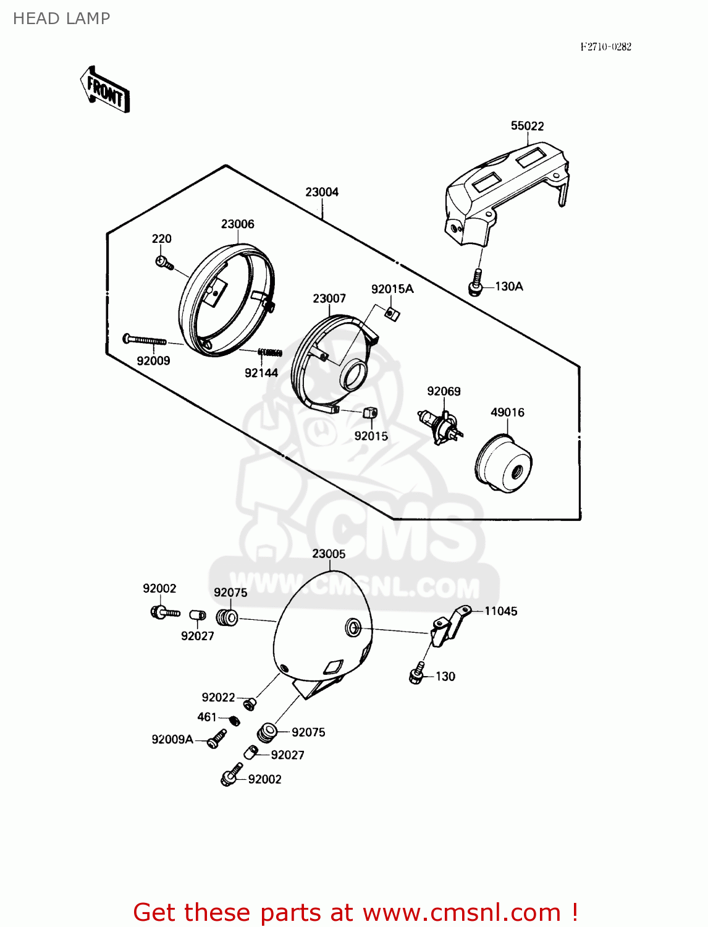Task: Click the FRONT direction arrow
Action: (105, 90)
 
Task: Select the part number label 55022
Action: (527, 126)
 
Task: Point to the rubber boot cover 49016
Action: (504, 463)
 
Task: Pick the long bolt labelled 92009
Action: (145, 339)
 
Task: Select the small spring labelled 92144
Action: (270, 353)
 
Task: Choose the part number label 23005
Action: (329, 554)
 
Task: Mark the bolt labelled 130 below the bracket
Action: (418, 674)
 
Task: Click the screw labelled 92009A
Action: (216, 739)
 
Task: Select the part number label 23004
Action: (322, 192)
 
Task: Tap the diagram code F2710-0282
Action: (605, 47)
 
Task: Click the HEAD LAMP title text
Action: (61, 19)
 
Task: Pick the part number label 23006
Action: (238, 224)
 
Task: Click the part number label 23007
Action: (329, 298)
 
